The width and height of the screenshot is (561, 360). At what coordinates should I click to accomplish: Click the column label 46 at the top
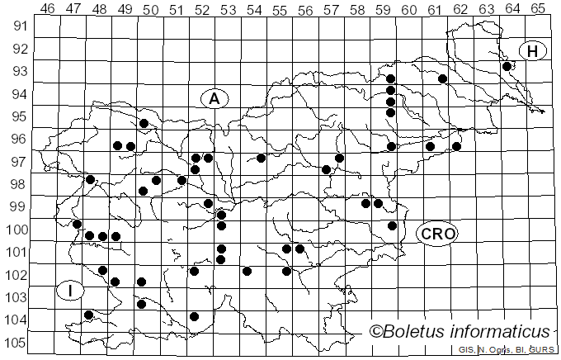pos(48,9)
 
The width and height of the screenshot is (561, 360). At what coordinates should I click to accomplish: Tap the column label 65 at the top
pos(537,9)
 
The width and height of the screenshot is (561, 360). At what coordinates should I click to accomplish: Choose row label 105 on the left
pos(16,343)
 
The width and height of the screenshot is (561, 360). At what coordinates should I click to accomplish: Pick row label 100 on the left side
pos(16,230)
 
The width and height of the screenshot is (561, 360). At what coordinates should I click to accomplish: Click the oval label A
pos(214,99)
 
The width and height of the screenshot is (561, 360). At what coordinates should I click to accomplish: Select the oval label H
pos(533,51)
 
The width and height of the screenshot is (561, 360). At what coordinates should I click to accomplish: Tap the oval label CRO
pos(437,234)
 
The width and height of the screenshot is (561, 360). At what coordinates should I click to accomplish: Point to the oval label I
pos(71,291)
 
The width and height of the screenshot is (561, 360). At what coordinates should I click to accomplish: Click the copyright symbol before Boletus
pos(376,332)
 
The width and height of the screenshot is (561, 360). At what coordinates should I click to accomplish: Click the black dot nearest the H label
pos(507,66)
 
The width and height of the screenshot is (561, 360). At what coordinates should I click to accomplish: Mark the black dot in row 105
pos(195,316)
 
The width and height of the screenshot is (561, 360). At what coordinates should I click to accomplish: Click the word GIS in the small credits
pos(466,350)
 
